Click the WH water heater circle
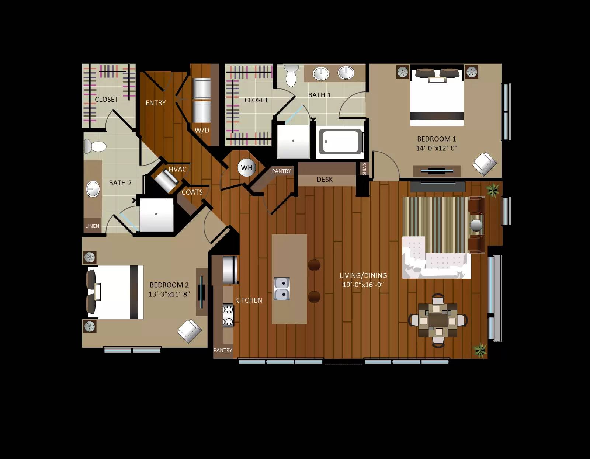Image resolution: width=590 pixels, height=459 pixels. click(x=246, y=168)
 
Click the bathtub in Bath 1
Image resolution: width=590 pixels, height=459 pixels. click(x=340, y=142)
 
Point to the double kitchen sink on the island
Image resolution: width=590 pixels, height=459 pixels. click(x=282, y=289)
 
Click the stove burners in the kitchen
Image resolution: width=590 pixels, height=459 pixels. click(x=228, y=316)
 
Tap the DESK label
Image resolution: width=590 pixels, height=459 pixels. click(x=324, y=180)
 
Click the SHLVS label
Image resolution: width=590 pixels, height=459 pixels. click(x=364, y=169)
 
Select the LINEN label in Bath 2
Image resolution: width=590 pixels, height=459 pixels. click(x=92, y=226)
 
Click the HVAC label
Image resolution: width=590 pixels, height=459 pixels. click(x=177, y=169)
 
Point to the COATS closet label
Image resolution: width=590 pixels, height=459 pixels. click(x=192, y=192)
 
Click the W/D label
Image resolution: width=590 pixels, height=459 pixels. click(x=202, y=130)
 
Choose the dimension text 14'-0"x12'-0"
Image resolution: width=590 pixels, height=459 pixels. click(x=437, y=148)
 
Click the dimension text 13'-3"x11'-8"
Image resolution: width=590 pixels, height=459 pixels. click(x=169, y=294)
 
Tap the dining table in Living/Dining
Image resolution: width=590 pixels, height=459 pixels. click(x=438, y=320)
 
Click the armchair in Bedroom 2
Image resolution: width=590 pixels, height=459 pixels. click(x=190, y=330)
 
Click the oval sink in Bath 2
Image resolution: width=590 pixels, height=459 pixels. click(x=93, y=189)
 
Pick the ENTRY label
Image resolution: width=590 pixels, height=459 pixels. click(x=156, y=103)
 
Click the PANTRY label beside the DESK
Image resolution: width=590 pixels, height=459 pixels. click(x=281, y=171)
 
